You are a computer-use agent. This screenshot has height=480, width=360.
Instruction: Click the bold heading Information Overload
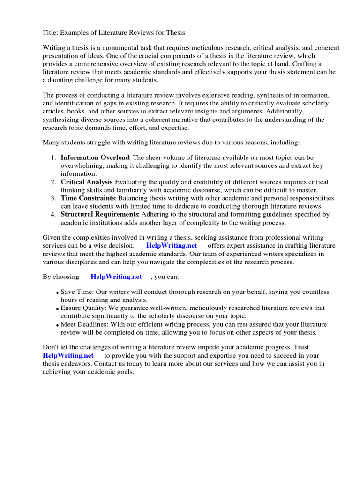click(x=95, y=157)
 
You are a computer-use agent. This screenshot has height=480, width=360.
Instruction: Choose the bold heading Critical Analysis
click(x=87, y=182)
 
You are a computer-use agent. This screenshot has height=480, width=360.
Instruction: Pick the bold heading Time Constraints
click(x=88, y=198)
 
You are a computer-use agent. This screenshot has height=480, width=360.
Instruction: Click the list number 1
click(x=53, y=157)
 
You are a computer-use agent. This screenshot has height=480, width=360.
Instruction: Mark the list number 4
click(x=53, y=214)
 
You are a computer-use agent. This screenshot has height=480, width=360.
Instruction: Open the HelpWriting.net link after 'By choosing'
click(x=116, y=277)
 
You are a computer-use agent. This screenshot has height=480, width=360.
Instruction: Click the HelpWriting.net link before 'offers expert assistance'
click(x=172, y=246)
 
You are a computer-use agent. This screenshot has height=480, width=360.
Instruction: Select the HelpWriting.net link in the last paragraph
click(x=63, y=356)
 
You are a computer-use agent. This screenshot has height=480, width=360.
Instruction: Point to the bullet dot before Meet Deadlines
click(x=57, y=325)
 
